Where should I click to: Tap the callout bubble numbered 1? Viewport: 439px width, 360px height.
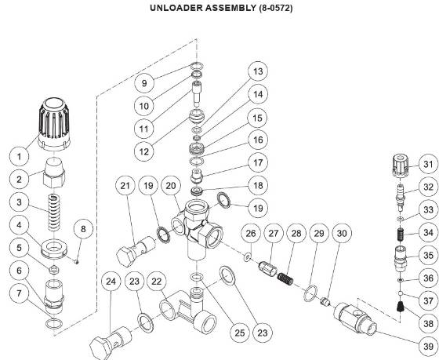click(15, 157)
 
